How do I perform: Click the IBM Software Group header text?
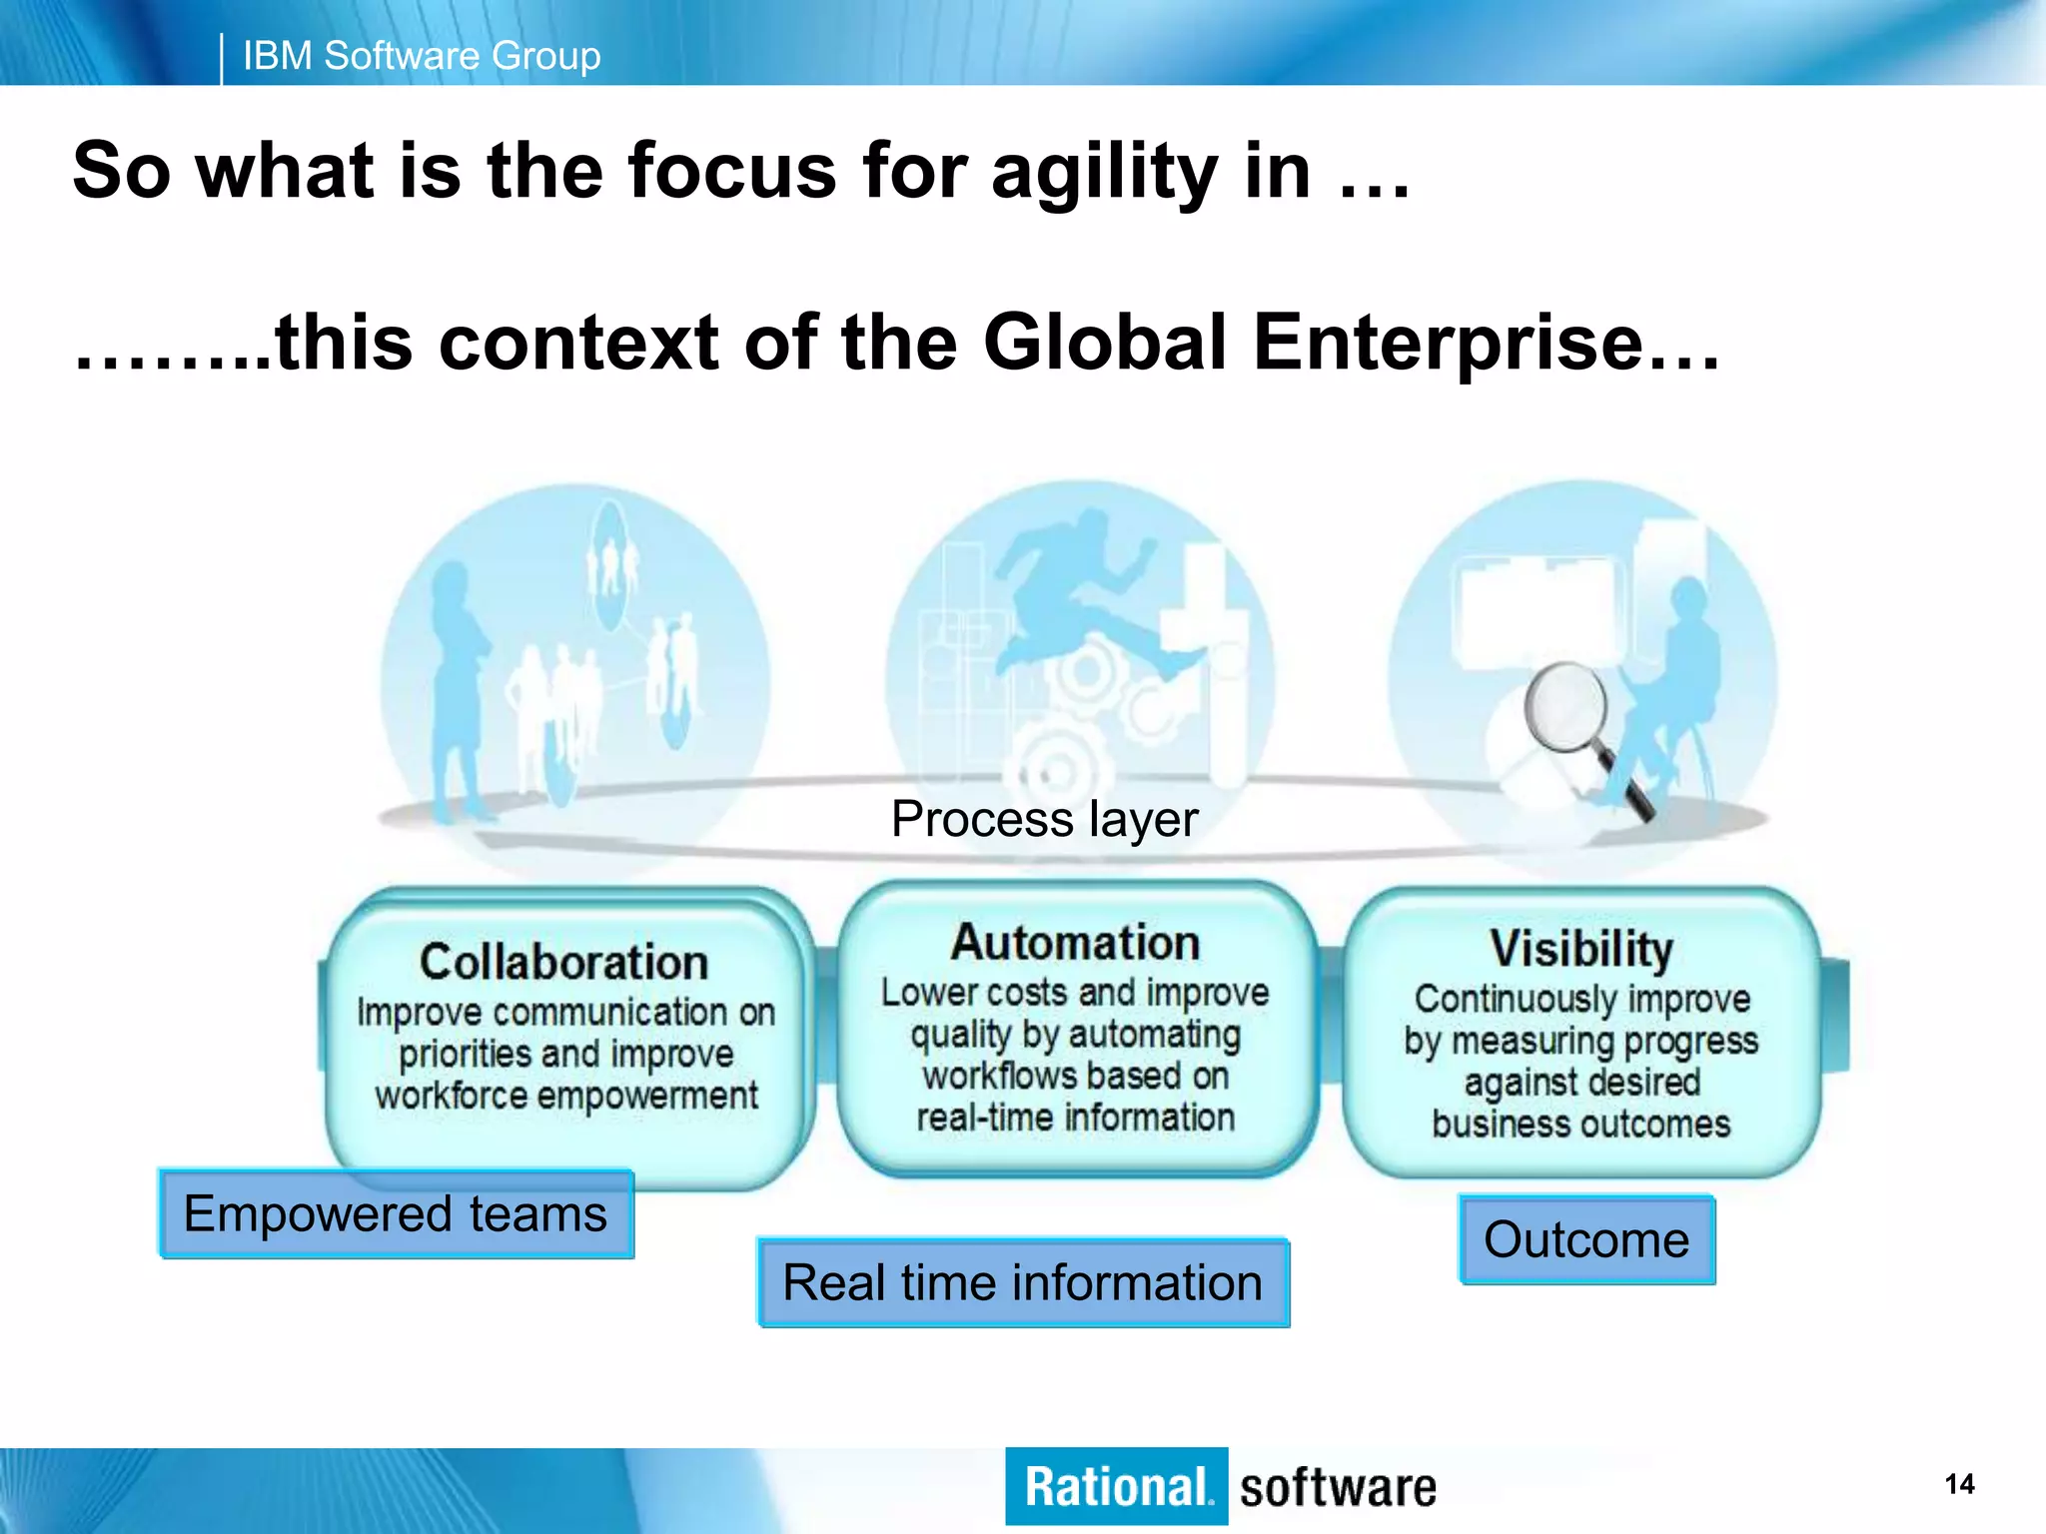(422, 56)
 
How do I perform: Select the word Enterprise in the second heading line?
(1449, 343)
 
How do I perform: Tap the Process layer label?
(1044, 820)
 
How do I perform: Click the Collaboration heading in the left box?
(564, 962)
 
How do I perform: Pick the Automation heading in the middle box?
(1075, 943)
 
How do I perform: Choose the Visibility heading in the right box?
(1581, 948)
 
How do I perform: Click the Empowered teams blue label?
(396, 1214)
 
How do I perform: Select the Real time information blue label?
(1023, 1283)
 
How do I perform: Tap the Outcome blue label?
(1586, 1239)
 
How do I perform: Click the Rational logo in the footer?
(1116, 1486)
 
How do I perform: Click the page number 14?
(1959, 1484)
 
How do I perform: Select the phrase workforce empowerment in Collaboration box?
(566, 1096)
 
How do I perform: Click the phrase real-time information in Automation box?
(1076, 1118)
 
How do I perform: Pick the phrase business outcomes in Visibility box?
(1581, 1124)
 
